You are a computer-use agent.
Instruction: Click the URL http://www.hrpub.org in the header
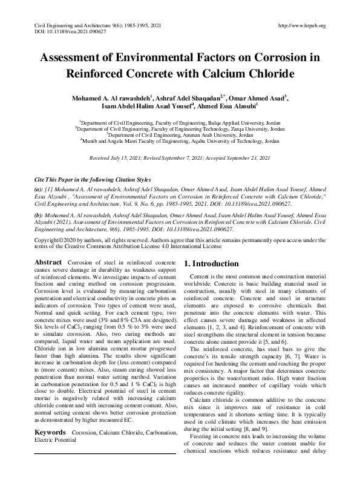click(301, 25)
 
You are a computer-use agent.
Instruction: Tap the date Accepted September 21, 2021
click(238, 157)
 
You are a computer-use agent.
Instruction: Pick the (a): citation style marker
click(39, 189)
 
